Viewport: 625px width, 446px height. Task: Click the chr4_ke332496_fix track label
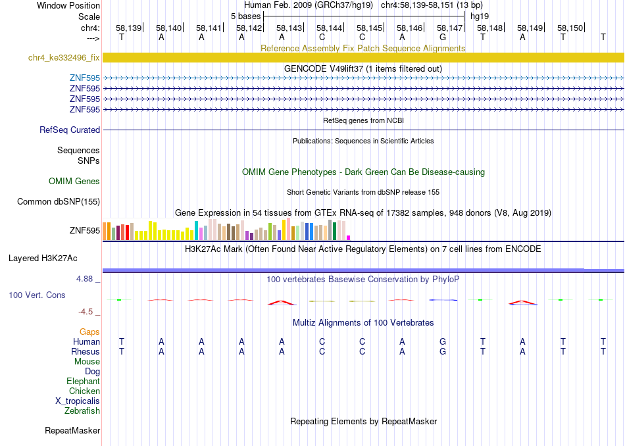pyautogui.click(x=64, y=57)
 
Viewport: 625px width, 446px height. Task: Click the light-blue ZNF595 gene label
pyautogui.click(x=84, y=78)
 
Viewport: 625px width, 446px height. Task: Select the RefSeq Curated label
pyautogui.click(x=70, y=130)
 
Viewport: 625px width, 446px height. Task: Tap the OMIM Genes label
pyautogui.click(x=74, y=182)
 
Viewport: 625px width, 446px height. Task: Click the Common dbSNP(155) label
pyautogui.click(x=59, y=202)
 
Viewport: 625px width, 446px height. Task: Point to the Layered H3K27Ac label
pyautogui.click(x=43, y=259)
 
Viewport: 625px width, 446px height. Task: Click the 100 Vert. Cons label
pyautogui.click(x=37, y=295)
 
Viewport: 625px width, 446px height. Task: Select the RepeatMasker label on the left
pyautogui.click(x=72, y=430)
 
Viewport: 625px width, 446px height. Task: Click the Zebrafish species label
pyautogui.click(x=82, y=410)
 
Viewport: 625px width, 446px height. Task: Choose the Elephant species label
pyautogui.click(x=83, y=381)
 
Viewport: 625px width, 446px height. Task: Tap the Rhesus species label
pyautogui.click(x=86, y=351)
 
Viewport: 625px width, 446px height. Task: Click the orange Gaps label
pyautogui.click(x=89, y=332)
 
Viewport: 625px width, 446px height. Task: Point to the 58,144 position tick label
pyautogui.click(x=329, y=28)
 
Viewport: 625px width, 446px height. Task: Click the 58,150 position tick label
pyautogui.click(x=570, y=28)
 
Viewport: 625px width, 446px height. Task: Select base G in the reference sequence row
pyautogui.click(x=443, y=37)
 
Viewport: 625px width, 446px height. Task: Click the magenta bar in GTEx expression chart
pyautogui.click(x=349, y=238)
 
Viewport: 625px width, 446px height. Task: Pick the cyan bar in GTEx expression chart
pyautogui.click(x=196, y=230)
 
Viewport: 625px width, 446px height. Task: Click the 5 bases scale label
pyautogui.click(x=245, y=16)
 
